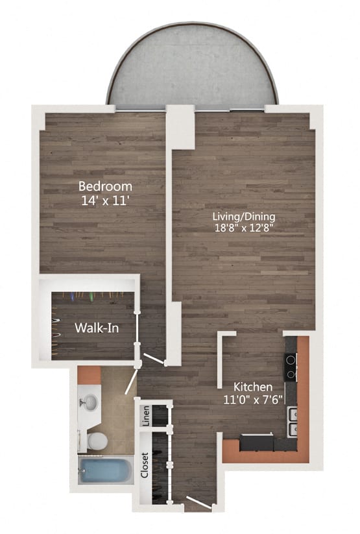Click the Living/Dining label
245,216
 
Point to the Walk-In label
96,328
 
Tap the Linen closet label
146,415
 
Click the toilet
97,441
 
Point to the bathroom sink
90,402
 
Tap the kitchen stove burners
291,367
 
